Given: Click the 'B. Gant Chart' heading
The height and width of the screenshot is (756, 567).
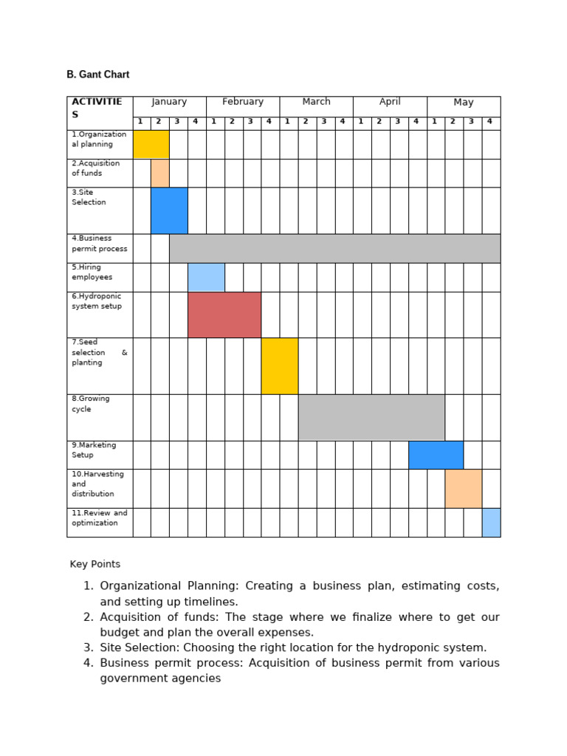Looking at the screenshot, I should [98, 75].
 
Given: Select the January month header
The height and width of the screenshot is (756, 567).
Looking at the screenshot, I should [169, 102].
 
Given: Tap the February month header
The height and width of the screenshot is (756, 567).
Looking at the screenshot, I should [243, 102].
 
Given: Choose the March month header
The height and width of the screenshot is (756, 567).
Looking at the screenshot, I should [316, 102].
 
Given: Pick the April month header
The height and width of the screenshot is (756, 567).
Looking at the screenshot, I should [390, 102].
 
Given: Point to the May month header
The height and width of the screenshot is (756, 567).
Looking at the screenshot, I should [464, 103].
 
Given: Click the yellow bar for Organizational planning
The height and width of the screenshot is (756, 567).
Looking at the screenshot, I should [151, 144].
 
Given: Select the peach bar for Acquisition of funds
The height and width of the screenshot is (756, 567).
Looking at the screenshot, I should [160, 173].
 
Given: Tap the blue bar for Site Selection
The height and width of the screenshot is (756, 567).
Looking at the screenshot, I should [169, 210].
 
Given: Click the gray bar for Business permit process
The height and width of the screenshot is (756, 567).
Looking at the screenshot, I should [334, 248].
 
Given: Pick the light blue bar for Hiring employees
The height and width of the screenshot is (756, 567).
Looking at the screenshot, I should [206, 277].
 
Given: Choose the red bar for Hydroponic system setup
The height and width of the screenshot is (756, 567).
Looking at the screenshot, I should [224, 315].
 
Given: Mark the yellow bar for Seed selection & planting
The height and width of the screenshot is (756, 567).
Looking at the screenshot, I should [280, 366].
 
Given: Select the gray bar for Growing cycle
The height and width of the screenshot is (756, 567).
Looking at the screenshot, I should [371, 417].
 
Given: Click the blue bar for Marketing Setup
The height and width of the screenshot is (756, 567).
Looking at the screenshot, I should [436, 455].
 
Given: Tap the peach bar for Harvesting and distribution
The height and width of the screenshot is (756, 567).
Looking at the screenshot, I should [464, 489].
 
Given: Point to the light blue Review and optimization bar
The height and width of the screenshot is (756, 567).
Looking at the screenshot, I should [491, 522].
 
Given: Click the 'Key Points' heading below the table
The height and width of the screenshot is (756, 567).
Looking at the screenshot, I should [95, 564].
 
